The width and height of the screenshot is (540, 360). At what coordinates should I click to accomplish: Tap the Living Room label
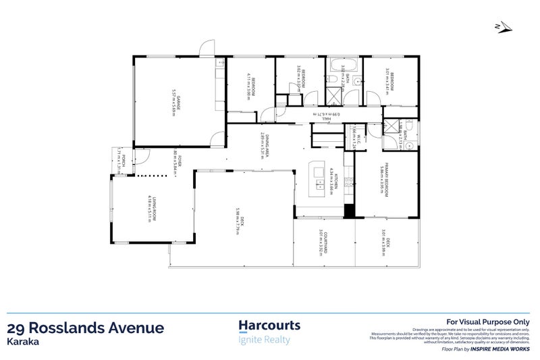(156, 208)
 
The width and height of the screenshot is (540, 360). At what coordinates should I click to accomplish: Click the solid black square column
(348, 211)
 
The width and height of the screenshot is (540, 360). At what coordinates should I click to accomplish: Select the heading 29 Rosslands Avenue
(85, 328)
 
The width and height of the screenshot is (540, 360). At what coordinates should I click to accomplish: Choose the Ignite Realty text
(265, 339)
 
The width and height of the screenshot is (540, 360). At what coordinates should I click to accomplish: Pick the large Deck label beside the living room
(238, 220)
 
